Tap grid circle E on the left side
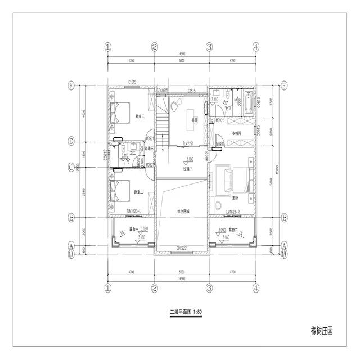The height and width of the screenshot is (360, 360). [71, 85]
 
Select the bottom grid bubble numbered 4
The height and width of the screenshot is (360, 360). [256, 287]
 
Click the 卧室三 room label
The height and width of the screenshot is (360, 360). [139, 116]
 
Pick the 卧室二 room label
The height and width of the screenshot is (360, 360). [138, 192]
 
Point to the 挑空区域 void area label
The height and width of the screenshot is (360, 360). [183, 211]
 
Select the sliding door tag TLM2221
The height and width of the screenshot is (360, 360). [190, 143]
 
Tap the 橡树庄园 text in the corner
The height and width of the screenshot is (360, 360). [321, 331]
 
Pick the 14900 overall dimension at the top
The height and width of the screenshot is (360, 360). [182, 55]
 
